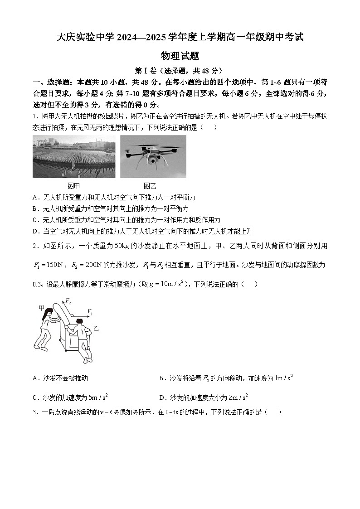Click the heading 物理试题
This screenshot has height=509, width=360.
[180, 56]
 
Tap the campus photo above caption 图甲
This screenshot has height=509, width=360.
[74, 157]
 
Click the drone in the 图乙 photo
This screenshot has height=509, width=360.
[153, 154]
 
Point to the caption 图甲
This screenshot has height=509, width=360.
[73, 186]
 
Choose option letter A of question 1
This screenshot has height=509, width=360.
[35, 198]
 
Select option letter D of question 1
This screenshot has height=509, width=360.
[35, 231]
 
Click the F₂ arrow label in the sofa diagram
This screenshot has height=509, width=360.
[68, 301]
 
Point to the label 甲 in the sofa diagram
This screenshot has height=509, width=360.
[42, 308]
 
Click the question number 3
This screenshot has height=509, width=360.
[35, 412]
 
